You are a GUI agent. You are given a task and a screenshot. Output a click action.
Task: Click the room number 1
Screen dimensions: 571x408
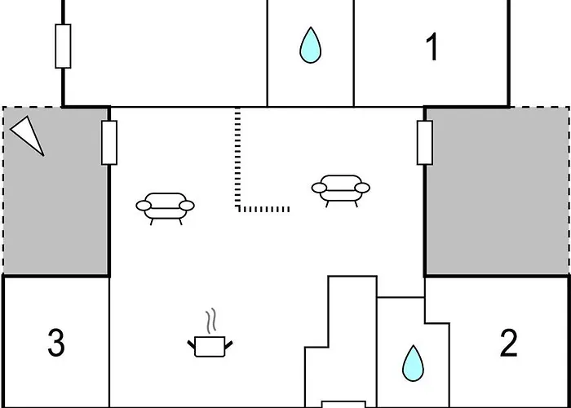pyautogui.click(x=432, y=47)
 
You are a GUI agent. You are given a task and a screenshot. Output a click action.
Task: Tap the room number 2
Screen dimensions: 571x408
pyautogui.click(x=509, y=343)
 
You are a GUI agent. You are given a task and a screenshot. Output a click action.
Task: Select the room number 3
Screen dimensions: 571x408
pyautogui.click(x=56, y=343)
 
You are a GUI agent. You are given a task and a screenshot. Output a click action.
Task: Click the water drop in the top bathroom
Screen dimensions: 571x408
pyautogui.click(x=310, y=45)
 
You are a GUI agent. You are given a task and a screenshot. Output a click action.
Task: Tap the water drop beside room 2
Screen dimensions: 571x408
pyautogui.click(x=413, y=364)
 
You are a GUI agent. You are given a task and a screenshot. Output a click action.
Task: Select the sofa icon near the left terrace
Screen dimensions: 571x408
pyautogui.click(x=166, y=209)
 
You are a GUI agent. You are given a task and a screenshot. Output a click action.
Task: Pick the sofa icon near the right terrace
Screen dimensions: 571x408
pyautogui.click(x=341, y=191)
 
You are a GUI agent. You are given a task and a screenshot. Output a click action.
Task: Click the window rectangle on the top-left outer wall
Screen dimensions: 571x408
pyautogui.click(x=63, y=47)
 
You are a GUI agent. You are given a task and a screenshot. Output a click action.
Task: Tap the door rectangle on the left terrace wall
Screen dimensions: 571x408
pyautogui.click(x=109, y=143)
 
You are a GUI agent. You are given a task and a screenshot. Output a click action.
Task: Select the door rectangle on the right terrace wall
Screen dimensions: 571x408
pyautogui.click(x=425, y=143)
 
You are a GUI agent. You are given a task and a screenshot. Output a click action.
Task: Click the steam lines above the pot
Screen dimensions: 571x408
pyautogui.click(x=211, y=321)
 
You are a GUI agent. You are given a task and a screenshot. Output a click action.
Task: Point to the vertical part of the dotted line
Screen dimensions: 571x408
pyautogui.click(x=238, y=159)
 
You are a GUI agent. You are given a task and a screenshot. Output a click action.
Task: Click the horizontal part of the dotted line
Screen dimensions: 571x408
pyautogui.click(x=263, y=209)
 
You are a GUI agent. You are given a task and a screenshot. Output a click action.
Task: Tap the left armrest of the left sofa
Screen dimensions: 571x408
pyautogui.click(x=144, y=206)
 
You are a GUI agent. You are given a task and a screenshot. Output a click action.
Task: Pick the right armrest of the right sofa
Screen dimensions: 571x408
pyautogui.click(x=362, y=188)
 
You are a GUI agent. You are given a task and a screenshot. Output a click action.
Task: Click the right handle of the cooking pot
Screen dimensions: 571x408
pyautogui.click(x=228, y=345)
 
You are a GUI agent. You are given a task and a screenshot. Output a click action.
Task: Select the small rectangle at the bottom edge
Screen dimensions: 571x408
pyautogui.click(x=343, y=405)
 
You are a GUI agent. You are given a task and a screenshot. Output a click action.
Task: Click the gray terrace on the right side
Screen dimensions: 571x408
pyautogui.click(x=498, y=191)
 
